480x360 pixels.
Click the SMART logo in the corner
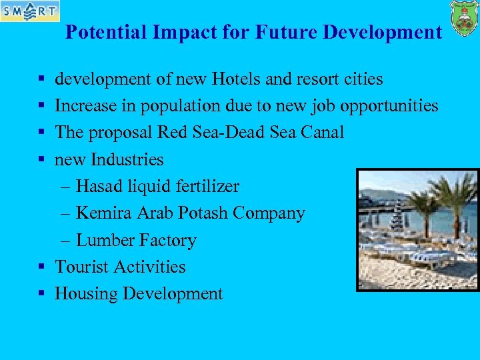coord(30,11)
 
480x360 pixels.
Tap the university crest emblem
coord(464,18)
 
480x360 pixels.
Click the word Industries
coord(127,159)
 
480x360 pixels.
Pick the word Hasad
coord(98,187)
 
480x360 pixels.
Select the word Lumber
coord(103,240)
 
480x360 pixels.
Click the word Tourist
coord(82,267)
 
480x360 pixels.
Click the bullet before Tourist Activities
coord(41,267)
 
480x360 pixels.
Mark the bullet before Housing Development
coord(41,294)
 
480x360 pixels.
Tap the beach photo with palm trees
coord(417,229)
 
